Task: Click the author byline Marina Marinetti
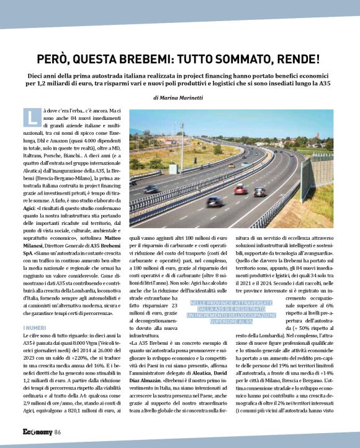tap(186, 98)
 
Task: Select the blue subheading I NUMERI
tap(34, 327)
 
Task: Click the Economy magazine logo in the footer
tap(37, 432)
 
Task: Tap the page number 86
tap(57, 432)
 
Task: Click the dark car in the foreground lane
tap(215, 201)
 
